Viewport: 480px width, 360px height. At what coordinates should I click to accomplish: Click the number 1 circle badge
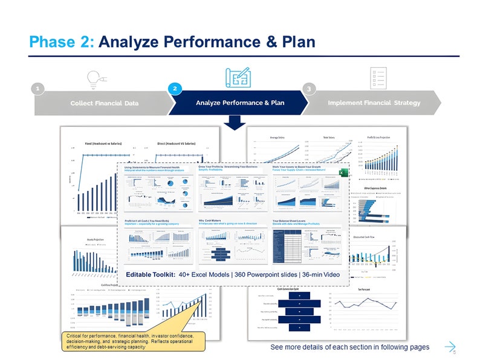tap(38, 89)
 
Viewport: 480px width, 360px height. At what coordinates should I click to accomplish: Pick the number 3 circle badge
tap(309, 89)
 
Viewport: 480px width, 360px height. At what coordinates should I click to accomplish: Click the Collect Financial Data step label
tap(105, 103)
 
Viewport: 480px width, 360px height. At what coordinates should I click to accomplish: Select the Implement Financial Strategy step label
tap(374, 103)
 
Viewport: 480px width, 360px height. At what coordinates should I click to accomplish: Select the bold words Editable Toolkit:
tap(151, 275)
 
